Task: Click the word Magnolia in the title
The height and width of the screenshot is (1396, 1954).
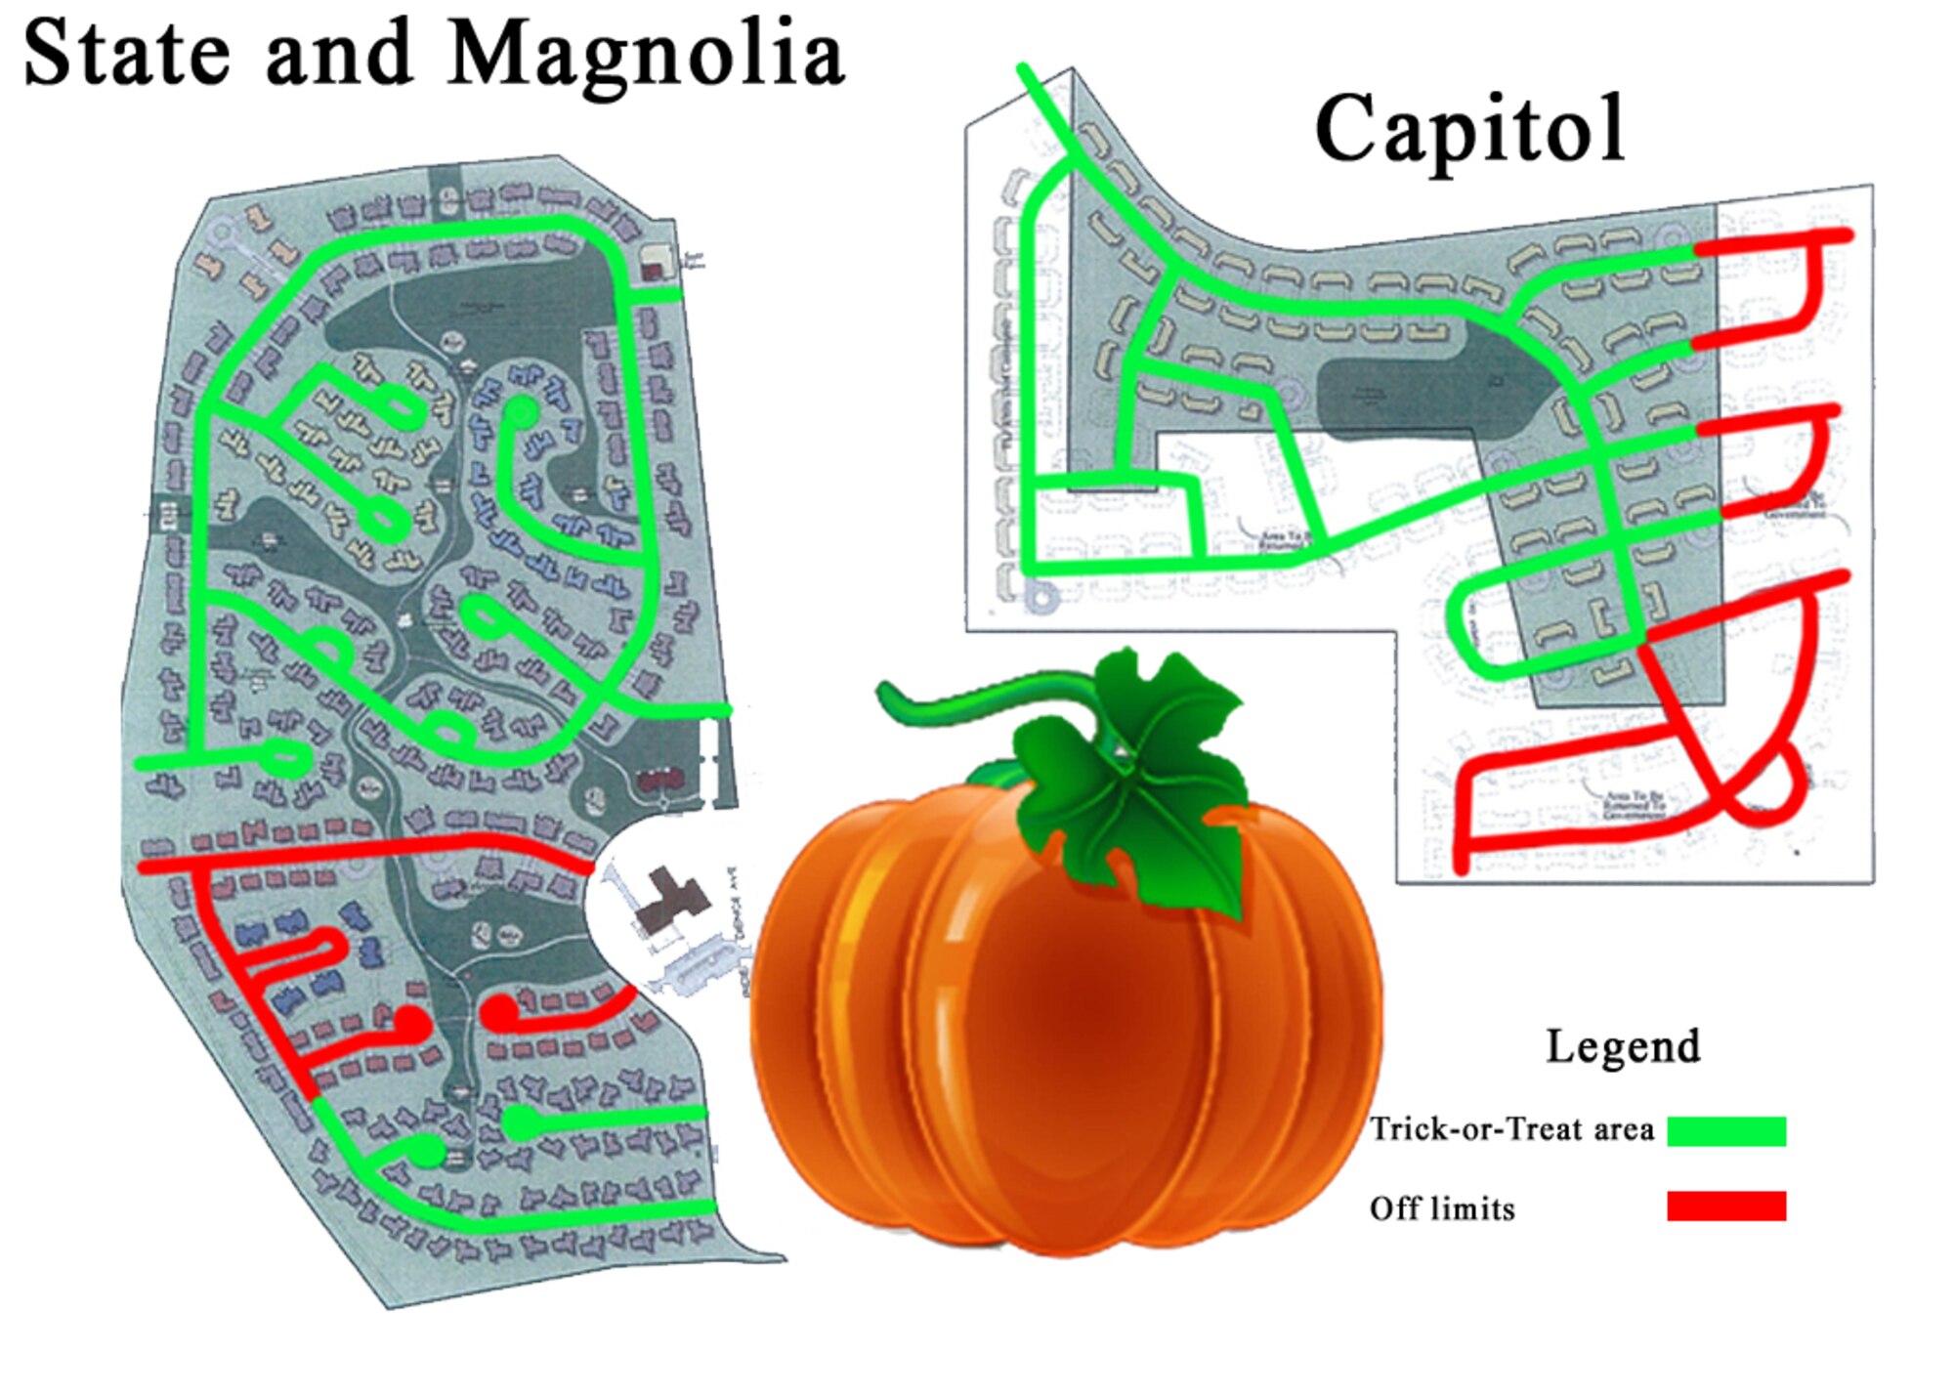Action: [646, 56]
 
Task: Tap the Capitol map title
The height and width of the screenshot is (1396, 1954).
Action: [1470, 129]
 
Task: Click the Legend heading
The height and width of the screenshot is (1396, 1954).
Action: [1623, 1046]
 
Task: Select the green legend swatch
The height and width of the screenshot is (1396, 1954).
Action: [1726, 1130]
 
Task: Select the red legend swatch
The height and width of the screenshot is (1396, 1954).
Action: [1726, 1206]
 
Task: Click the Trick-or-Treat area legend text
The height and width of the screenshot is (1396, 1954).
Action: [1511, 1129]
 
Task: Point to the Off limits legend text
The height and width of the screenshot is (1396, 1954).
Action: [1442, 1208]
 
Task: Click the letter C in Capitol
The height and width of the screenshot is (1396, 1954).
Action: [1349, 129]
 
